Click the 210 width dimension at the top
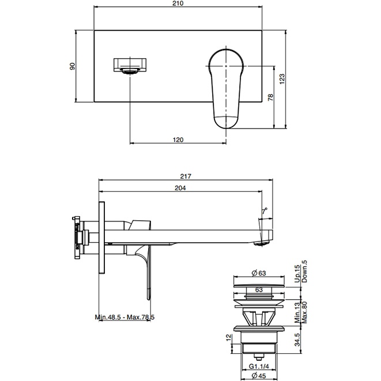(178, 3)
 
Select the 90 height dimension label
(73, 66)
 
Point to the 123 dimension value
(282, 79)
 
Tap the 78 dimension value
(270, 97)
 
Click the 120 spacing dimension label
(178, 139)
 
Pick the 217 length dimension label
(186, 176)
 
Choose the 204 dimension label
(180, 188)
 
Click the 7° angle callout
(265, 211)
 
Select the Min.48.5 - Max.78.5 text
(125, 317)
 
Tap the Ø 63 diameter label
(259, 273)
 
